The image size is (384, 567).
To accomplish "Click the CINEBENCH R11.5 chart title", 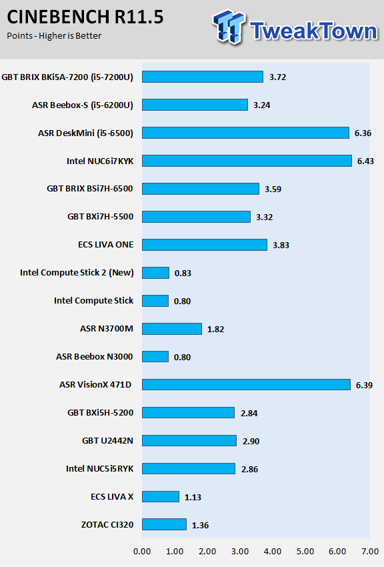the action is pyautogui.click(x=85, y=17).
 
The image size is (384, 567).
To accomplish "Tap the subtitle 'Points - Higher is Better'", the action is pyautogui.click(x=54, y=36).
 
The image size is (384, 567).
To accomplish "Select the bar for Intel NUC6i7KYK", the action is pyautogui.click(x=247, y=161).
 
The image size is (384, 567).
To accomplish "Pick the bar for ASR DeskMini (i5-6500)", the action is pyautogui.click(x=245, y=133).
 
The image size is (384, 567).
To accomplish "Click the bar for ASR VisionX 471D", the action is pyautogui.click(x=246, y=385).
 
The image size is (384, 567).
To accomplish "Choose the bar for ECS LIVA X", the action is pyautogui.click(x=161, y=496).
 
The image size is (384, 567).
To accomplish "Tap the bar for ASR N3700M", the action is pyautogui.click(x=171, y=329).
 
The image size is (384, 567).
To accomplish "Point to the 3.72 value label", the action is pyautogui.click(x=277, y=77).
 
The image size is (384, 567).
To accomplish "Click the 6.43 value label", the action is pyautogui.click(x=365, y=161).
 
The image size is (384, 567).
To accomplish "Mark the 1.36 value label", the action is pyautogui.click(x=200, y=525).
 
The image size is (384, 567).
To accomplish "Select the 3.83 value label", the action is pyautogui.click(x=281, y=245).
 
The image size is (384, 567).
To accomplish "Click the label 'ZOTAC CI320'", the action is pyautogui.click(x=107, y=525).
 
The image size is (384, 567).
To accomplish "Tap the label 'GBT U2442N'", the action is pyautogui.click(x=107, y=441).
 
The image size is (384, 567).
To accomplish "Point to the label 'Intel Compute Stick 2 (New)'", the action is pyautogui.click(x=77, y=273).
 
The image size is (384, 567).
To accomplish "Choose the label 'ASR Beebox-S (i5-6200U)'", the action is pyautogui.click(x=83, y=105).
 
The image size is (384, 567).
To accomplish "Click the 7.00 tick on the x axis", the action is pyautogui.click(x=370, y=552).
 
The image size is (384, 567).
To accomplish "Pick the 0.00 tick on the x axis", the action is pyautogui.click(x=142, y=552).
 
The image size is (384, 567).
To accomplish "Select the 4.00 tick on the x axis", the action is pyautogui.click(x=273, y=552).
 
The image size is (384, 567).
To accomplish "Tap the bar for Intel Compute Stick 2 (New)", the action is pyautogui.click(x=155, y=273).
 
